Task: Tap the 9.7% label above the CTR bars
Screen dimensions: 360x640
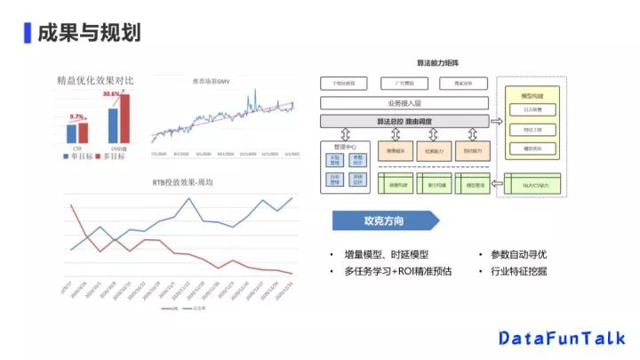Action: [x=77, y=116]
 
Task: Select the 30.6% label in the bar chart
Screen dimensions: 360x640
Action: [x=111, y=93]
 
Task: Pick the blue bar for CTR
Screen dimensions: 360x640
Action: [x=71, y=133]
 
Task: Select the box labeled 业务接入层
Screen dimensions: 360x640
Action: [x=404, y=103]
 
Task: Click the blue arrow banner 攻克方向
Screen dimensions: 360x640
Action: [x=385, y=220]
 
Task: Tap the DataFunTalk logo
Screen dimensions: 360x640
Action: [x=561, y=338]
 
